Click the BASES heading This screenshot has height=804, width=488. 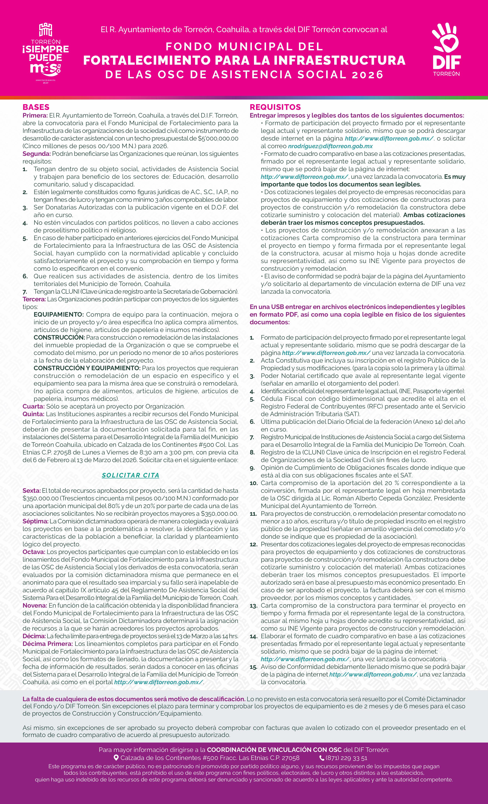tap(36, 107)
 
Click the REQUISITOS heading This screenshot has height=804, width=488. tap(275, 107)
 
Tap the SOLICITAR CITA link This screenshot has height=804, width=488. tap(131, 475)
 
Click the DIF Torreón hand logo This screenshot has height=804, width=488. tap(446, 49)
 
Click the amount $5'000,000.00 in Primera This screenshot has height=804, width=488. tap(218, 138)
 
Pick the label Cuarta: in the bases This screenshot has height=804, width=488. tap(33, 406)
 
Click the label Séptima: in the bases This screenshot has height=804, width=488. tap(35, 521)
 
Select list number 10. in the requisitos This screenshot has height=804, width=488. tap(254, 483)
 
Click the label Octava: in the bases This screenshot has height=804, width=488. tap(34, 552)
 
